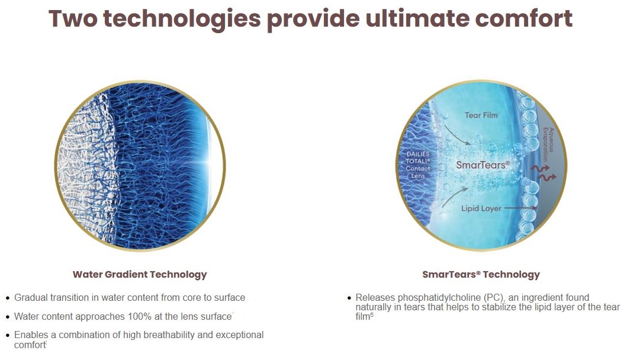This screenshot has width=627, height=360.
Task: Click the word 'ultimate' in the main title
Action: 417,18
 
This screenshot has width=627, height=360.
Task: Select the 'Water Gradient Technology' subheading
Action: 140,274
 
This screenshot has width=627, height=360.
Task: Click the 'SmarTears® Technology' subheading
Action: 481,274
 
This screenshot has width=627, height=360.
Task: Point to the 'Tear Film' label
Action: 481,115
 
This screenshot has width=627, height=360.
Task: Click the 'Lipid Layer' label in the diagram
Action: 481,208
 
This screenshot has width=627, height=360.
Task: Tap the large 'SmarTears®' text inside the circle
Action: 483,165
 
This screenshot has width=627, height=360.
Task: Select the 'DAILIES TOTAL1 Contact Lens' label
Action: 418,165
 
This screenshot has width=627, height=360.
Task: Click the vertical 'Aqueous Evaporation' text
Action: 548,144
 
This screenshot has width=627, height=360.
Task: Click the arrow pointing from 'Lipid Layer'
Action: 520,208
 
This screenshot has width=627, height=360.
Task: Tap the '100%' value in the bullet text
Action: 140,316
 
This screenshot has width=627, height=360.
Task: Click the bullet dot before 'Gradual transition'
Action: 8,298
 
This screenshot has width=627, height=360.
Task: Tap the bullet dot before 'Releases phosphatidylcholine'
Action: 349,298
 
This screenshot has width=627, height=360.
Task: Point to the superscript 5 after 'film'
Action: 372,315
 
